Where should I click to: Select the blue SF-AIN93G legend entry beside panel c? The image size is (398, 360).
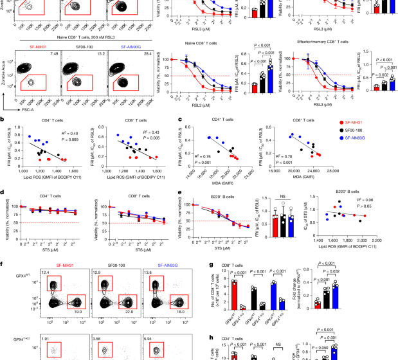coord(369,139)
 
